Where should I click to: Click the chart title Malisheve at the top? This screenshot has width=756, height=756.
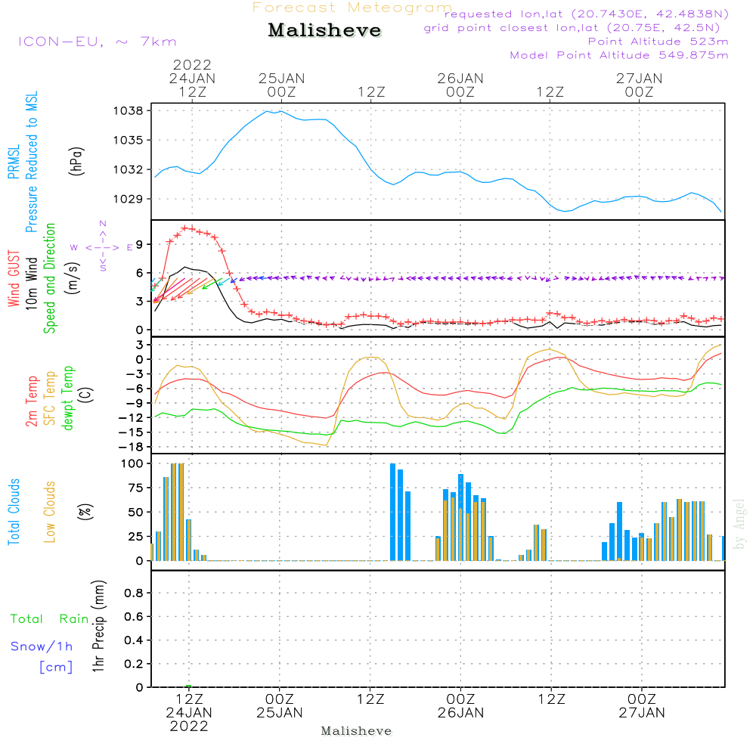325,31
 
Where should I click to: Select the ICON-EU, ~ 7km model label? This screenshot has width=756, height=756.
97,42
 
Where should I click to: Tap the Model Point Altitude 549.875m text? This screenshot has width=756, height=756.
619,55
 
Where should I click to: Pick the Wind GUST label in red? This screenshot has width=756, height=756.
13,280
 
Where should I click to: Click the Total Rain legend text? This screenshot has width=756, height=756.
49,619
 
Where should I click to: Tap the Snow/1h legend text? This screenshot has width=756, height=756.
42,646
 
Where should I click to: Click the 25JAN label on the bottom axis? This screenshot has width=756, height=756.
279,712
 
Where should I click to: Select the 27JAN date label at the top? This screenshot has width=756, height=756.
639,78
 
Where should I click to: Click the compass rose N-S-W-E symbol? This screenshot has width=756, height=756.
103,246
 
